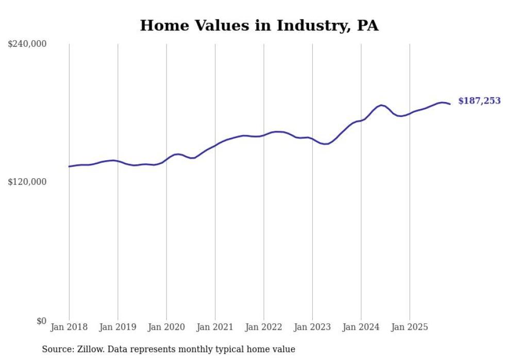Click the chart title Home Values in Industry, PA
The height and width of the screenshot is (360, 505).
(x=259, y=25)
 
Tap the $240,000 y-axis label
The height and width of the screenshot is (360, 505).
(x=27, y=44)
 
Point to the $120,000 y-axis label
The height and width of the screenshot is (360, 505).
(x=27, y=182)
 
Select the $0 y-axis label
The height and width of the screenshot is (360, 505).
(x=42, y=321)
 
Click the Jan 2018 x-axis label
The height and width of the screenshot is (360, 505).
(x=69, y=327)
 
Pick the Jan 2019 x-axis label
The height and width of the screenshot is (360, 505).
(x=117, y=327)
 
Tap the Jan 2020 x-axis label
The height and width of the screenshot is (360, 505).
(x=166, y=327)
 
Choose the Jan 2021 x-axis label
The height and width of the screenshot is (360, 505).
(x=215, y=327)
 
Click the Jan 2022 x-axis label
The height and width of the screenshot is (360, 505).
(x=264, y=327)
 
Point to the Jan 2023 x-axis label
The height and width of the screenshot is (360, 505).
(x=312, y=327)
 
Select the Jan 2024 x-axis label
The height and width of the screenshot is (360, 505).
(x=361, y=327)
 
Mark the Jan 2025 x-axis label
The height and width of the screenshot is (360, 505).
(x=410, y=327)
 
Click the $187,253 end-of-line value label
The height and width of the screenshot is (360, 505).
(x=479, y=101)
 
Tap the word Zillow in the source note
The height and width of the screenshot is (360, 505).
(x=87, y=349)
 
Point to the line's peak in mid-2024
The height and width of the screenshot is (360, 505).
(x=381, y=105)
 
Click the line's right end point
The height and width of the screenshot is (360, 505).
(x=450, y=104)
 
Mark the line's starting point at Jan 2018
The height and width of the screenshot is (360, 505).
(x=69, y=166)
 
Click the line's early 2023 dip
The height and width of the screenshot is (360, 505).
(x=325, y=144)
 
